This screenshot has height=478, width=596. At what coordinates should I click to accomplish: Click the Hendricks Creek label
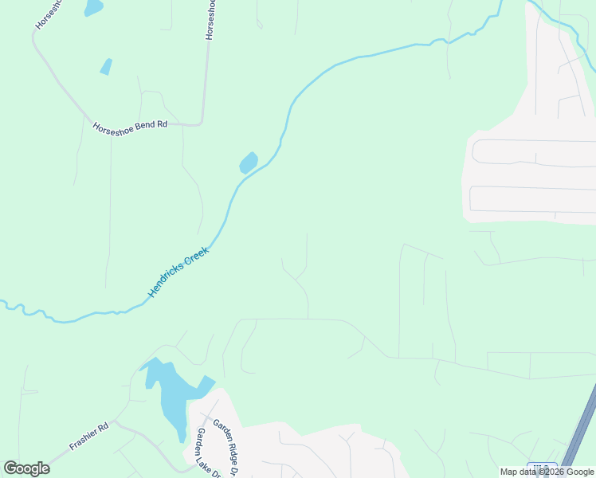(x=178, y=273)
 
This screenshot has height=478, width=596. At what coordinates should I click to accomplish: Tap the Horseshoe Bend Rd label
(x=130, y=125)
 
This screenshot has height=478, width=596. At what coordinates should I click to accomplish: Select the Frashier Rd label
(x=88, y=437)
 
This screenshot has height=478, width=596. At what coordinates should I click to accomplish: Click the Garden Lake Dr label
(x=203, y=451)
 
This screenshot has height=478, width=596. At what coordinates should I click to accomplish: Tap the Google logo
(x=27, y=468)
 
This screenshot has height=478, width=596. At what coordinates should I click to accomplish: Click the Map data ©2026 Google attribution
(x=547, y=472)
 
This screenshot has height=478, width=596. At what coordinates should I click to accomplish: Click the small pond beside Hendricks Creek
(x=249, y=163)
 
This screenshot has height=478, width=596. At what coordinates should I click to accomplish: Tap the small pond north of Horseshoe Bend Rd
(x=106, y=67)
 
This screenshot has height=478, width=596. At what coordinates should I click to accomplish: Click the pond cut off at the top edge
(x=93, y=7)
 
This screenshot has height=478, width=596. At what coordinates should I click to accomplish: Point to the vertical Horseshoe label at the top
(x=210, y=20)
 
